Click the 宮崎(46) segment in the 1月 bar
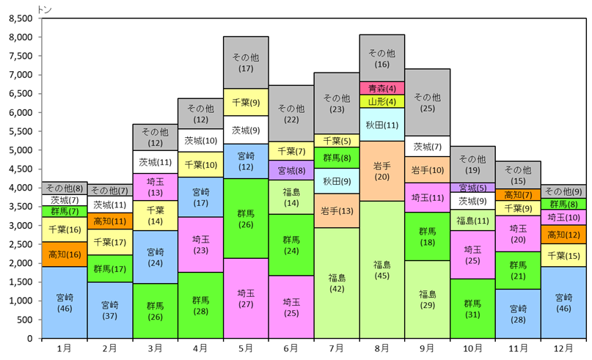click(65, 302)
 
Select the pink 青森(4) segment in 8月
click(381, 88)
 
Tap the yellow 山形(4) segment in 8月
click(381, 101)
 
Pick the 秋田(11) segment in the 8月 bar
click(381, 125)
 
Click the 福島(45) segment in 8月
click(381, 269)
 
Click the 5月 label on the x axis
click(246, 348)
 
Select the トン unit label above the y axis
click(45, 10)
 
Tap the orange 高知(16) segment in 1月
click(65, 254)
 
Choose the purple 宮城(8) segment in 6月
click(291, 171)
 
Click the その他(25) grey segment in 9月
click(428, 102)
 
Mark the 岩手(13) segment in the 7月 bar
click(337, 210)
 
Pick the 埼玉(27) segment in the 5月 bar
click(246, 298)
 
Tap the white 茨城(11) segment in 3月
click(156, 162)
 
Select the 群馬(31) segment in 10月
click(472, 308)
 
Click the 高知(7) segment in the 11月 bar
click(518, 195)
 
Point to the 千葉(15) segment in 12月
click(563, 255)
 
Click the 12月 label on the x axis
click(563, 348)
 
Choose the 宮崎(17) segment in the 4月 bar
click(200, 197)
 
